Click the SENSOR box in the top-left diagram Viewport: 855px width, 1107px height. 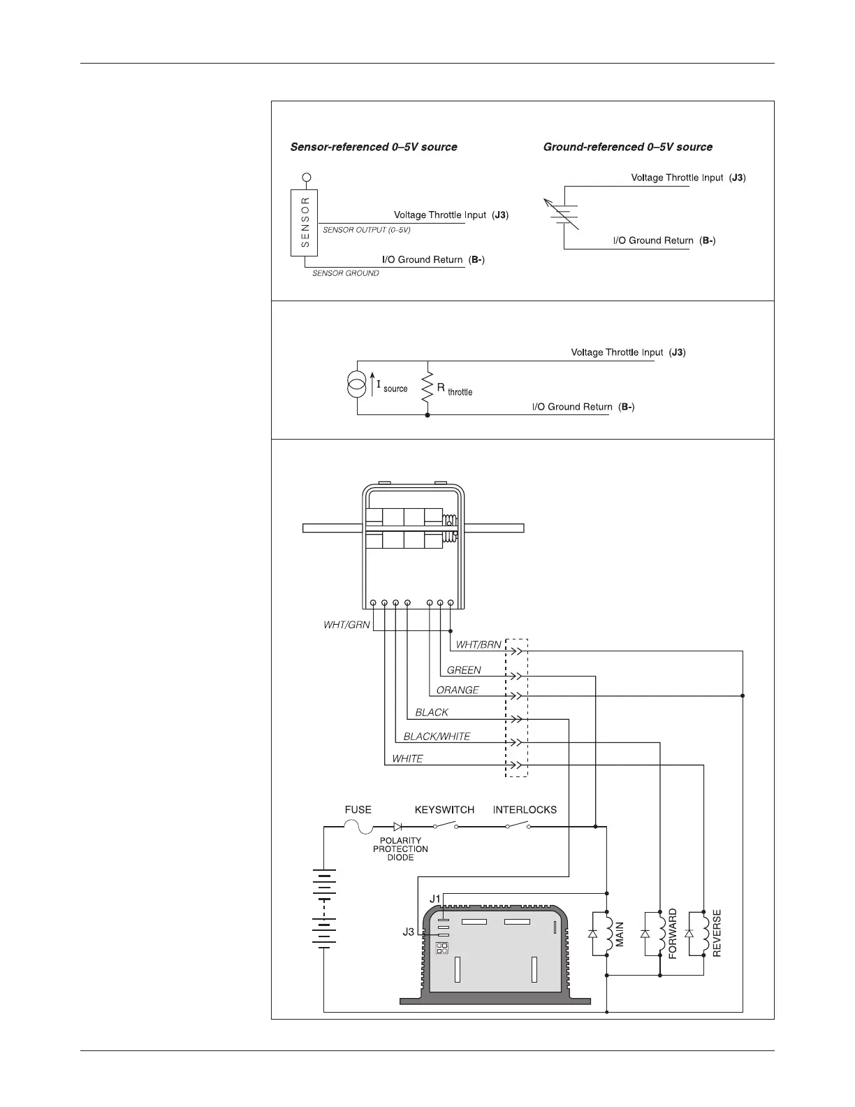pyautogui.click(x=305, y=223)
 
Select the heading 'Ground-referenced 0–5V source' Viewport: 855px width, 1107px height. pyautogui.click(x=628, y=147)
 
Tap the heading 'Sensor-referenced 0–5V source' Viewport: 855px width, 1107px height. pyautogui.click(x=374, y=147)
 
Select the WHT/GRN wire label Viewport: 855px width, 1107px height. pyautogui.click(x=346, y=625)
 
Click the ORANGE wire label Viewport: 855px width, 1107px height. pyautogui.click(x=458, y=690)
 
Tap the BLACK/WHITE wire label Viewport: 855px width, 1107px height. pyautogui.click(x=437, y=737)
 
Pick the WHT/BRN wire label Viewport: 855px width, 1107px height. pyautogui.click(x=478, y=644)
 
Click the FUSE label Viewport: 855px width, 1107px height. pyautogui.click(x=358, y=810)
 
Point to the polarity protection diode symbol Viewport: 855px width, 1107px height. pyautogui.click(x=398, y=827)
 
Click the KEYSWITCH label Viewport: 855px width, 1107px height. pyautogui.click(x=444, y=810)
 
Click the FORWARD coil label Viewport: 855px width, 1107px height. pyautogui.click(x=673, y=933)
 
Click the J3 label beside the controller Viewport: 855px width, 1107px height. pyautogui.click(x=409, y=932)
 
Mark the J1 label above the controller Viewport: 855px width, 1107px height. pyautogui.click(x=435, y=898)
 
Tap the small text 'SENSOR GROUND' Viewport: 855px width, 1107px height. pyautogui.click(x=345, y=273)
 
